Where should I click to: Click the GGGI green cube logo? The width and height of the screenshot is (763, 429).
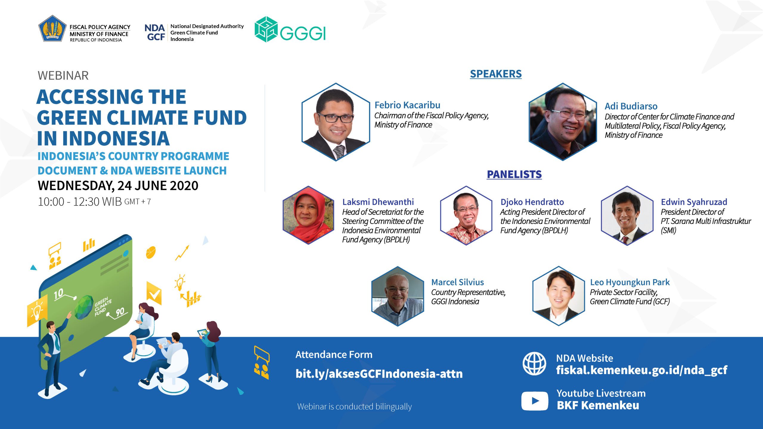pyautogui.click(x=266, y=29)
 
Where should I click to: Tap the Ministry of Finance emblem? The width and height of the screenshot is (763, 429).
pyautogui.click(x=52, y=29)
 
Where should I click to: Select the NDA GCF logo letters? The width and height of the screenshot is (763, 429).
pyautogui.click(x=155, y=32)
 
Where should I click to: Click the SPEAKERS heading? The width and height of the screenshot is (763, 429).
pyautogui.click(x=496, y=74)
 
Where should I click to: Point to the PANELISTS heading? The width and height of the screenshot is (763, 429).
pyautogui.click(x=514, y=174)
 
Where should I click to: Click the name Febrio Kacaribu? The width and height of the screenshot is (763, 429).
pyautogui.click(x=407, y=105)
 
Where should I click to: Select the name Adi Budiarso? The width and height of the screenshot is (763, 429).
pyautogui.click(x=631, y=106)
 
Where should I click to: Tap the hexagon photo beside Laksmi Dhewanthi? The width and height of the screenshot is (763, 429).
pyautogui.click(x=308, y=215)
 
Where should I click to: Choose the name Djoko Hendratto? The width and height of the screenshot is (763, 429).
pyautogui.click(x=532, y=202)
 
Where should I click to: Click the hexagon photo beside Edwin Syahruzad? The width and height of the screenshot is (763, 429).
pyautogui.click(x=627, y=215)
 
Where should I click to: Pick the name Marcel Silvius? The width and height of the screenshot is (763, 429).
pyautogui.click(x=458, y=282)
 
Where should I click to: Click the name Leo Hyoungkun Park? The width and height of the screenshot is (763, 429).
pyautogui.click(x=630, y=282)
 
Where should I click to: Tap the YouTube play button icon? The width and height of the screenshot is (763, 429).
pyautogui.click(x=535, y=401)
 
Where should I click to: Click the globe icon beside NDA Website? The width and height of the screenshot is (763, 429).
pyautogui.click(x=534, y=363)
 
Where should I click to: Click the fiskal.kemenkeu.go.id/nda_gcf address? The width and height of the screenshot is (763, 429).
pyautogui.click(x=641, y=370)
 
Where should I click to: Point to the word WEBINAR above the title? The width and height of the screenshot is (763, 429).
pyautogui.click(x=63, y=76)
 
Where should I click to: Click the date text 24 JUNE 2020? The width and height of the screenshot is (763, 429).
pyautogui.click(x=158, y=186)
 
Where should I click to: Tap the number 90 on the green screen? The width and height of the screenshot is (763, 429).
pyautogui.click(x=120, y=312)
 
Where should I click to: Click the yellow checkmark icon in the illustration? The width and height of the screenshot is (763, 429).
pyautogui.click(x=154, y=294)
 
